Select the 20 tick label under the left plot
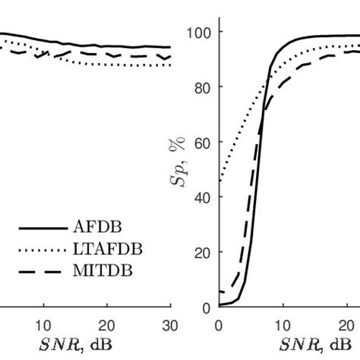[107, 321]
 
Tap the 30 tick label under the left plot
[170, 321]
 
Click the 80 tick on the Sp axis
[204, 87]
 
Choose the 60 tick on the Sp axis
[204, 142]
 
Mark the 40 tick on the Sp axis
[204, 197]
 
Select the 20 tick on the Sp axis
[204, 252]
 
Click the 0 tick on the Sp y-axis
[207, 307]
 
